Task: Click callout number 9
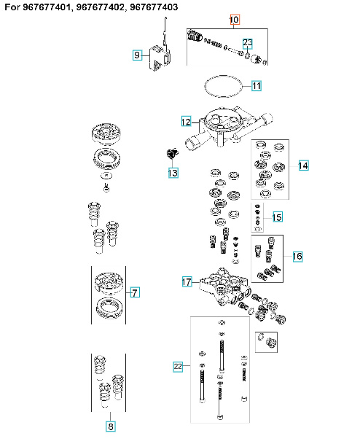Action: (136, 55)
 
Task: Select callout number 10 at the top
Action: (234, 19)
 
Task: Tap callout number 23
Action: (248, 43)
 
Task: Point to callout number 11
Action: (257, 86)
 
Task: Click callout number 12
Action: (186, 121)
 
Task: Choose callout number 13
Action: (172, 173)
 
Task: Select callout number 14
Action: (302, 166)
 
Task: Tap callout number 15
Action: (277, 217)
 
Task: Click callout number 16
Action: (297, 257)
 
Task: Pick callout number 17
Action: (186, 281)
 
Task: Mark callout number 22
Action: (179, 365)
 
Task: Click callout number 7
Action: (133, 293)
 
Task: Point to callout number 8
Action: (111, 427)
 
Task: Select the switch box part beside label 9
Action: (160, 56)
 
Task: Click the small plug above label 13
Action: (172, 154)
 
